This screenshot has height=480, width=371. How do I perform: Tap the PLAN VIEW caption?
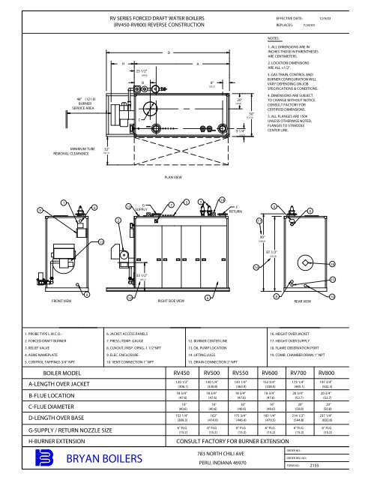click(173, 178)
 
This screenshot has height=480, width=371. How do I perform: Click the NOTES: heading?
click(274, 36)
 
